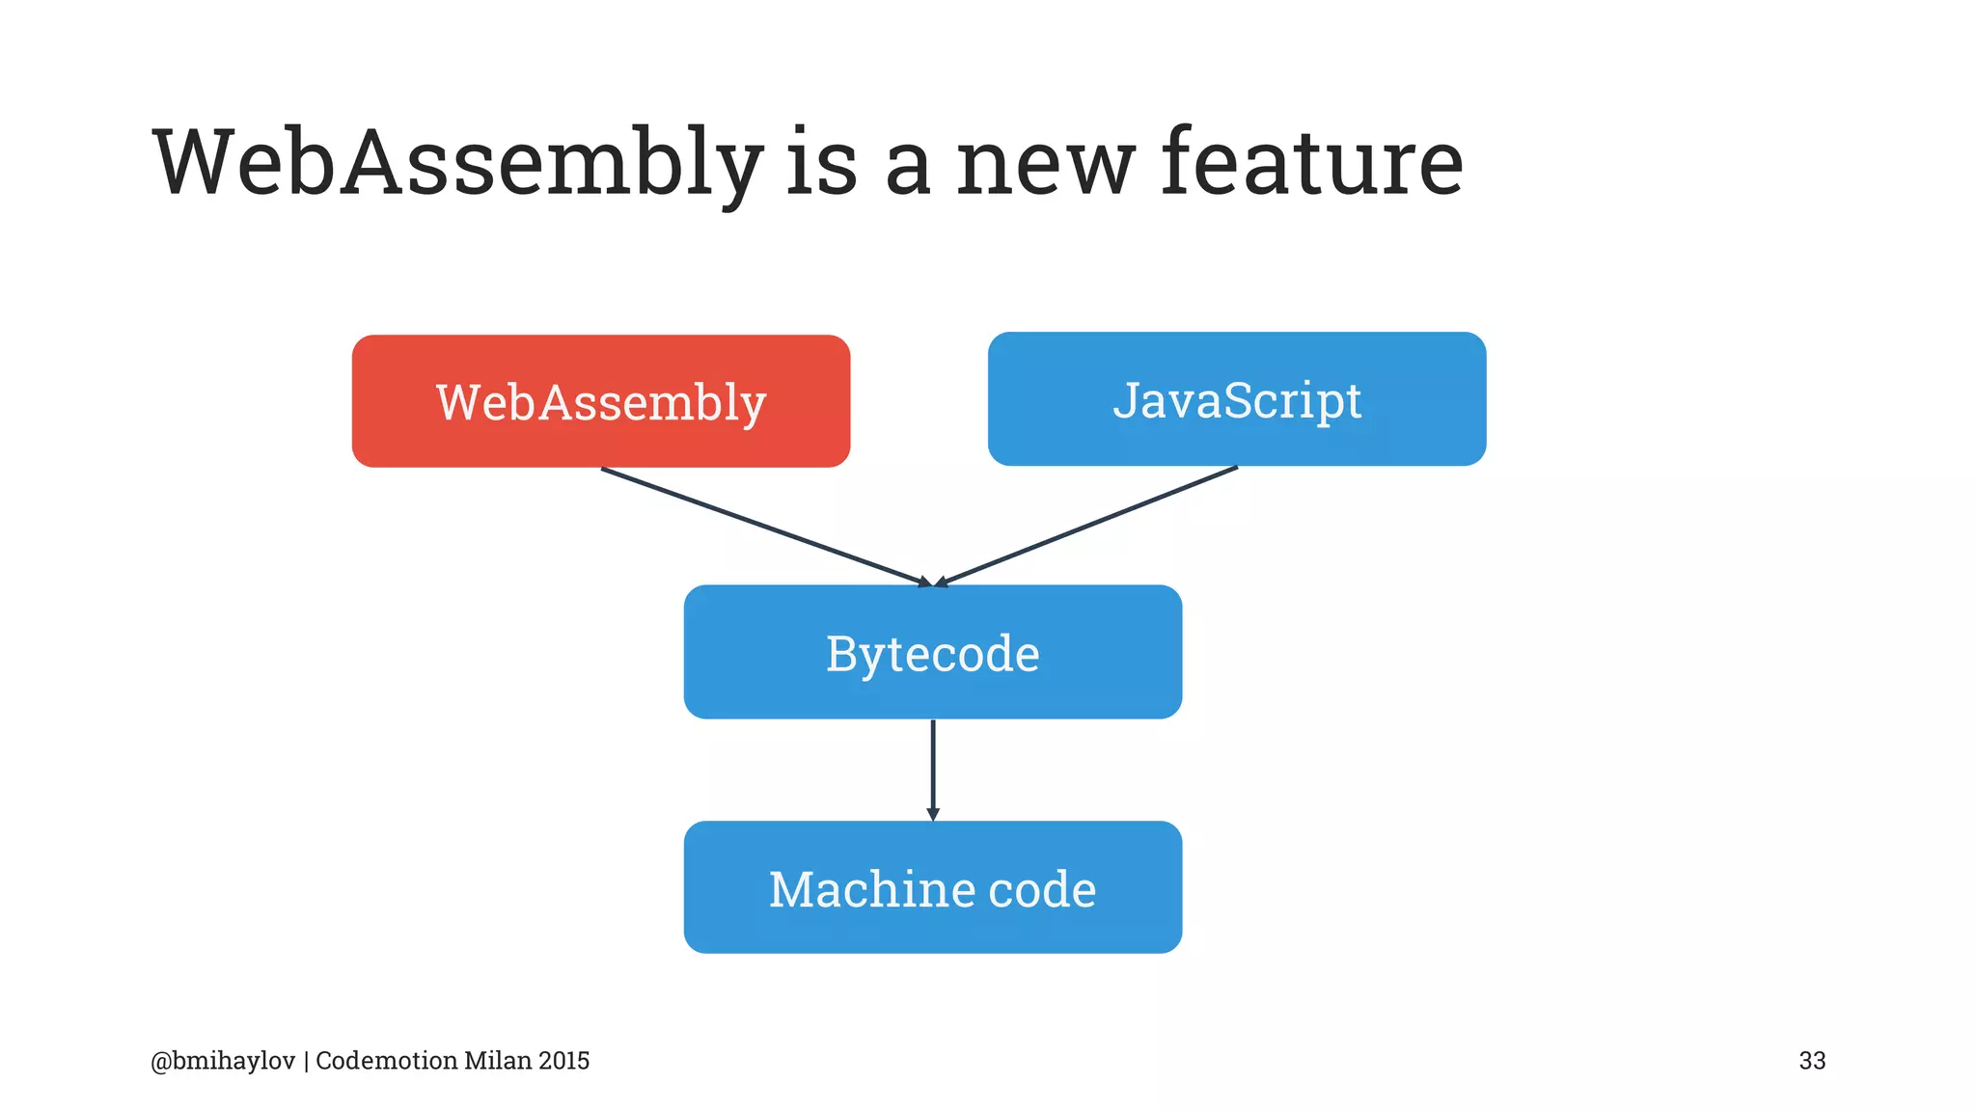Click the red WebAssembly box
click(600, 401)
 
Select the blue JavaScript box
click(1236, 399)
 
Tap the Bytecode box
click(932, 652)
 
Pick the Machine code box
click(932, 887)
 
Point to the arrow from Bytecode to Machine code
click(932, 767)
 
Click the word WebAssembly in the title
click(457, 164)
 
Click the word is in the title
click(821, 164)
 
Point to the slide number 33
click(1811, 1061)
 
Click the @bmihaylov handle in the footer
click(223, 1061)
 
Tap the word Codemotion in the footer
click(386, 1061)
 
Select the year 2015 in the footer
click(564, 1061)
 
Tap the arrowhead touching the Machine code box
click(932, 814)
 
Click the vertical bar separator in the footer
click(306, 1061)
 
